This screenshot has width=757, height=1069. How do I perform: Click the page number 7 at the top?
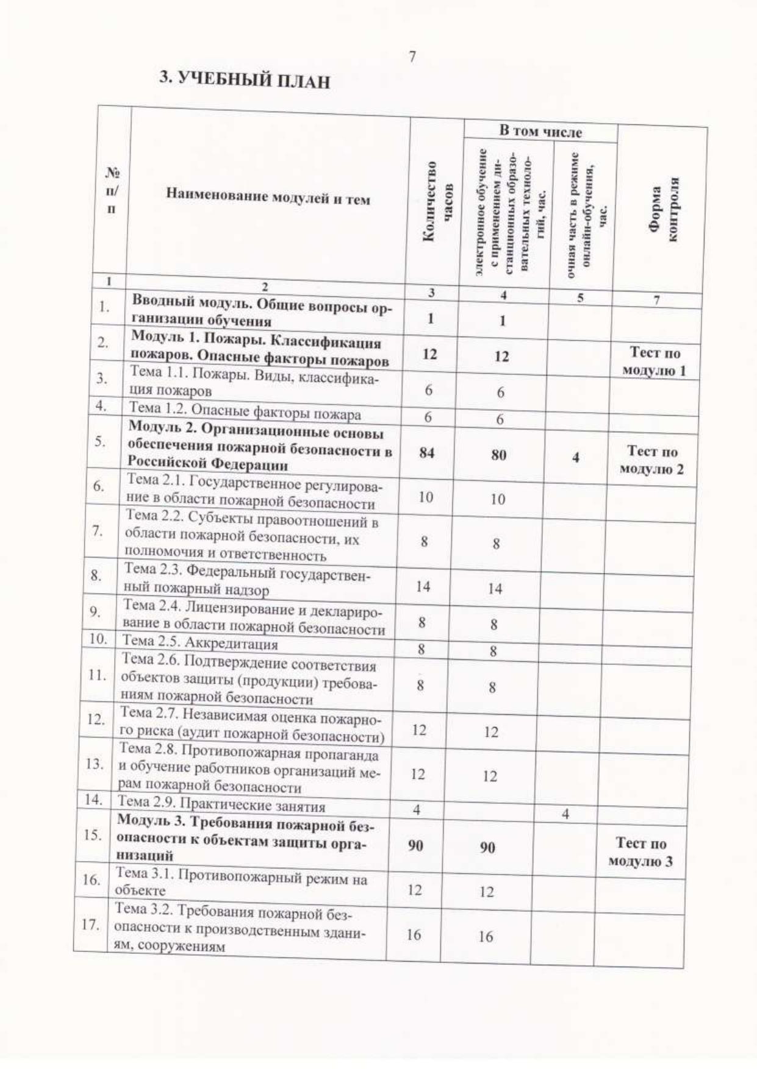[412, 57]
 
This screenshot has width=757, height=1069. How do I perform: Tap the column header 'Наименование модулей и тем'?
[268, 198]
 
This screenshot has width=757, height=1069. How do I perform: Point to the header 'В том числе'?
[540, 131]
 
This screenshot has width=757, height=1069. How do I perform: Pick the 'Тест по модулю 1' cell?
[655, 361]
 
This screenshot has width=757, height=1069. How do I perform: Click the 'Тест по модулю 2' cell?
[652, 460]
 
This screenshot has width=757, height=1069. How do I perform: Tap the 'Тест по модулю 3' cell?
[640, 852]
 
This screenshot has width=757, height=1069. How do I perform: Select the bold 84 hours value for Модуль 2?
[427, 453]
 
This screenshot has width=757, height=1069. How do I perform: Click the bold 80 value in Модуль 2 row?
[498, 455]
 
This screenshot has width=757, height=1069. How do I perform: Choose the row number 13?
[95, 764]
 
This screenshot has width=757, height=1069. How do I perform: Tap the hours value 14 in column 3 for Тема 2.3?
[423, 586]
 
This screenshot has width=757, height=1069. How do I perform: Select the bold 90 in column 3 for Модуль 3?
[415, 846]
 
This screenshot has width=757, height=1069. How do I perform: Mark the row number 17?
[90, 925]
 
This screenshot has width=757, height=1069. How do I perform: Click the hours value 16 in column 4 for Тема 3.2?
[486, 936]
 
